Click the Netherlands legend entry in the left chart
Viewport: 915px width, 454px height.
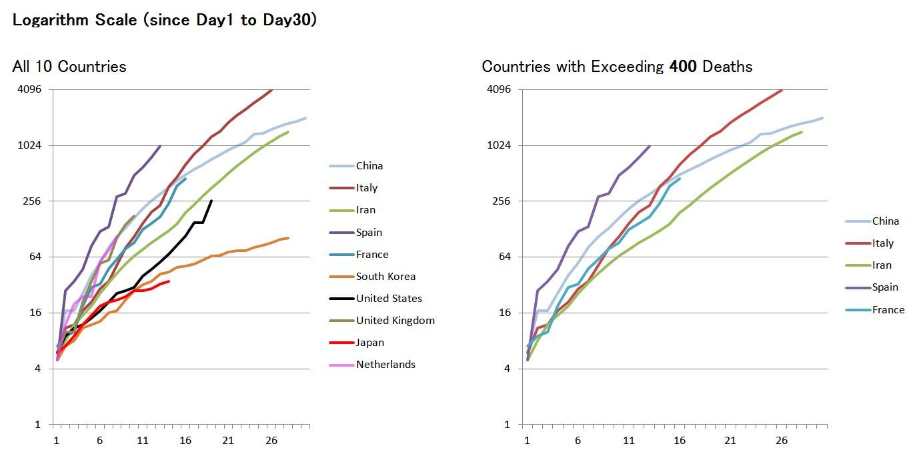coord(385,365)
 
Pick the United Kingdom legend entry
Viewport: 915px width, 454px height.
coord(395,321)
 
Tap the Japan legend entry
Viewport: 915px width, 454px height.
coord(370,343)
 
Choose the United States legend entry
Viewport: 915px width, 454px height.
coord(389,299)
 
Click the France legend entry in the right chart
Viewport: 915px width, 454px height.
coord(888,310)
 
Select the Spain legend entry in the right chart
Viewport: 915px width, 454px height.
coord(885,287)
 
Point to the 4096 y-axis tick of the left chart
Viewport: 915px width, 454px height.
coord(29,89)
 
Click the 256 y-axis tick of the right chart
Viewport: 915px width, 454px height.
coord(502,201)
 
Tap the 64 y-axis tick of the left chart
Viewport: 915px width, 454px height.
coord(34,257)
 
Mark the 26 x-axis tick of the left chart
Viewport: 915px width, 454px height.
coord(271,441)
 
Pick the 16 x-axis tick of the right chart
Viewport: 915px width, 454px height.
coord(680,441)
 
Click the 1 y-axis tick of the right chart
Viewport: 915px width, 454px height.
coord(508,425)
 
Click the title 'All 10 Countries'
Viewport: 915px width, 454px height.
coord(69,67)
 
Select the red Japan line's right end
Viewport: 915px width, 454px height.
coord(169,281)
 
